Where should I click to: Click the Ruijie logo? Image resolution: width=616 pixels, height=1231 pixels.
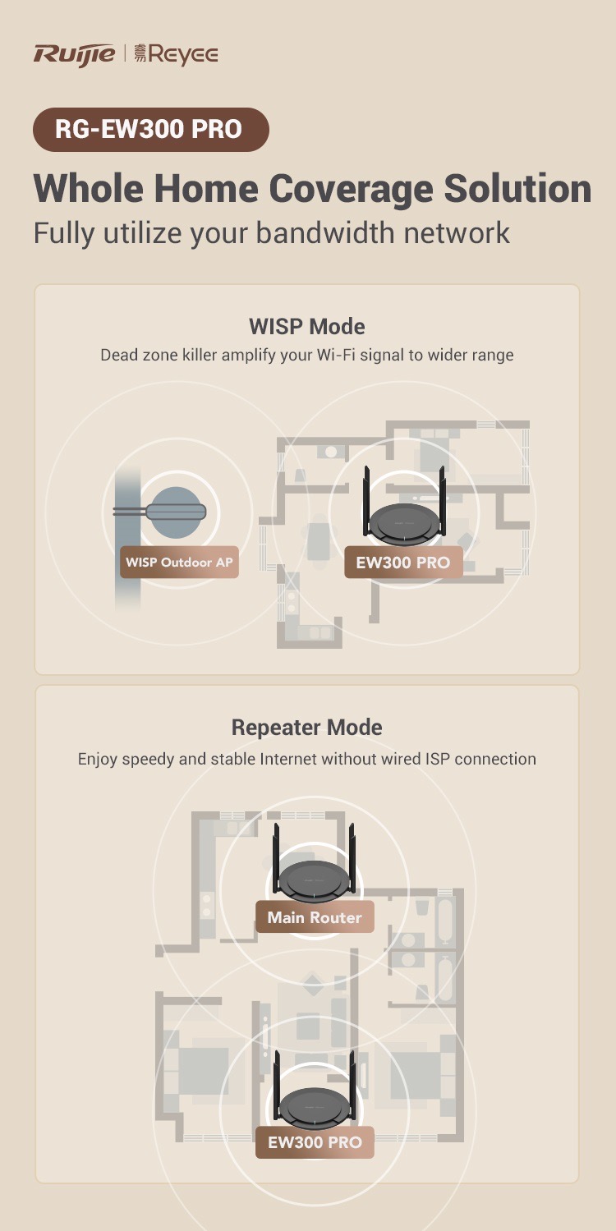click(x=74, y=54)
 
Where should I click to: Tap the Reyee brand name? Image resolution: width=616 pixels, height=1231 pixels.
click(x=183, y=55)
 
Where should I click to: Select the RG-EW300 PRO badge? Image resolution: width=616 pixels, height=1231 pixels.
click(x=150, y=130)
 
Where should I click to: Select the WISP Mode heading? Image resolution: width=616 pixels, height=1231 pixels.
click(x=307, y=326)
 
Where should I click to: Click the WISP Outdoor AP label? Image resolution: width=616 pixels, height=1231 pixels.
click(x=179, y=563)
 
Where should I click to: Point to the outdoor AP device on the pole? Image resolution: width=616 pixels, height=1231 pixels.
click(x=176, y=510)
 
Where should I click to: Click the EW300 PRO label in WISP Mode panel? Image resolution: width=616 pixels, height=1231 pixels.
click(x=402, y=563)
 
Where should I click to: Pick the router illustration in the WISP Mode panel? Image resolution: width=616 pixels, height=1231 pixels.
click(x=403, y=517)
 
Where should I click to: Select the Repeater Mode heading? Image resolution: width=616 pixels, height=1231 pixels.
click(x=307, y=728)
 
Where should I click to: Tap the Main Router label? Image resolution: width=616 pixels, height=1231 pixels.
click(x=315, y=917)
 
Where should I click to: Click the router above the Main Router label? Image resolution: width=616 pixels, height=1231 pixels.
click(x=315, y=875)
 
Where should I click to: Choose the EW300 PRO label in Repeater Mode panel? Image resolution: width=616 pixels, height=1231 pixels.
click(x=315, y=1142)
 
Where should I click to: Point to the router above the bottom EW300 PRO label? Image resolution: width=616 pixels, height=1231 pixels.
click(x=315, y=1100)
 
